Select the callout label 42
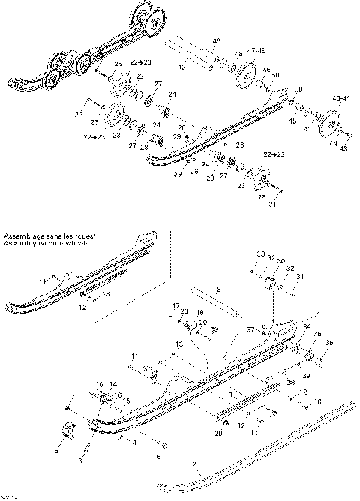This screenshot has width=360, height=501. (x=180, y=67)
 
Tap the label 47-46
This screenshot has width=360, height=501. (x=256, y=50)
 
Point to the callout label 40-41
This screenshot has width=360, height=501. (x=339, y=98)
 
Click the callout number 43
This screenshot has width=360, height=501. (x=344, y=149)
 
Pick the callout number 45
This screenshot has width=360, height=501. (x=292, y=121)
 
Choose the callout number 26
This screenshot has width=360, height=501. (x=239, y=144)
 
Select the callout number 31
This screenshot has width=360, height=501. (x=301, y=277)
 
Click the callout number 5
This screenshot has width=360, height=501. (x=56, y=450)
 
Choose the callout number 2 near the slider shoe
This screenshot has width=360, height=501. (x=193, y=465)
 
